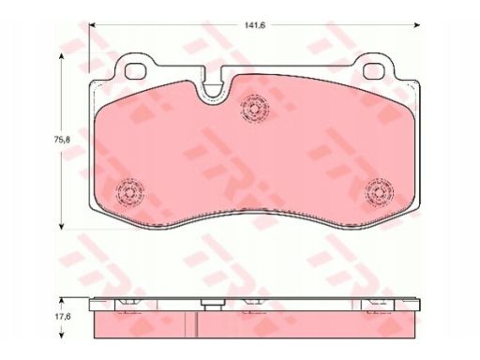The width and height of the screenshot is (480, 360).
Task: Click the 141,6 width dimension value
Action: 255,25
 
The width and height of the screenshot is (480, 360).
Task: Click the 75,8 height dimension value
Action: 62,140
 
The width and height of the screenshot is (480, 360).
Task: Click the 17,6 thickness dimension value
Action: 63,316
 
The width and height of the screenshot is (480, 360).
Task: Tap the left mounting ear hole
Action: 136,71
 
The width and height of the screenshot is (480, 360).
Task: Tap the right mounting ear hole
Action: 374,71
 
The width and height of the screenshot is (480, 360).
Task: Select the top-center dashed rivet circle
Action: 255,109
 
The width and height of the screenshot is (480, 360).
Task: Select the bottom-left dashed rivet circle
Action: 130,193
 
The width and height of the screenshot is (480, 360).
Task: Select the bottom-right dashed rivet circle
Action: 379,192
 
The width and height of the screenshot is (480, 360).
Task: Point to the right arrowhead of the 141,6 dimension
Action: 417,25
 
